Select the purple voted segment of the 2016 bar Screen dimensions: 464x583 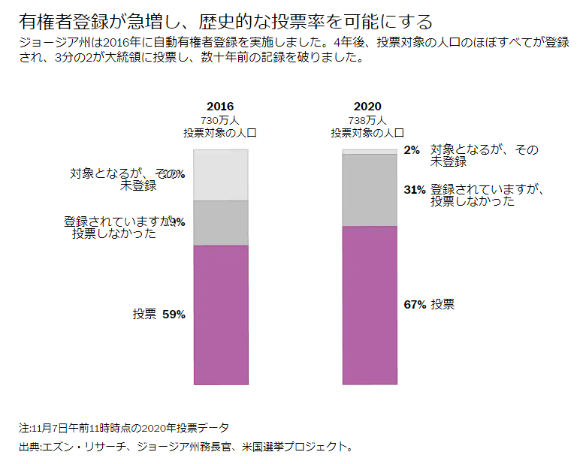[220, 315]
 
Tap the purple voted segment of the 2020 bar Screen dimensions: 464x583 [369, 305]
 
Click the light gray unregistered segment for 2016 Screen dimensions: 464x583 [220, 175]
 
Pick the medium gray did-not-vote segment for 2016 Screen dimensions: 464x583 [220, 223]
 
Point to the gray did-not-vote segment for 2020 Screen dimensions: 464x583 [369, 190]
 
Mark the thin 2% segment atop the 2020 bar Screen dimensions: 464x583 [369, 152]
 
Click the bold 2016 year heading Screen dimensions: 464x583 [220, 107]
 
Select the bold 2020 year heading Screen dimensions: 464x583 [368, 107]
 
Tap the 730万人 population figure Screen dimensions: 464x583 [220, 120]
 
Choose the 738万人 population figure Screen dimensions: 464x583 [368, 120]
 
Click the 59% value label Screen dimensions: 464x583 [174, 315]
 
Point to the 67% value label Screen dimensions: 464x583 [415, 305]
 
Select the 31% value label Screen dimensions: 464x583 [415, 190]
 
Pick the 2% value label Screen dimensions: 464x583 [412, 150]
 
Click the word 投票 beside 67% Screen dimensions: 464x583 [443, 305]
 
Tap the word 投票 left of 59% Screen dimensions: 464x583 [144, 315]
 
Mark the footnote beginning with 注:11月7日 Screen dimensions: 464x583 [124, 428]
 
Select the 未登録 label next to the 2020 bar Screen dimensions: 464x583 [449, 161]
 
